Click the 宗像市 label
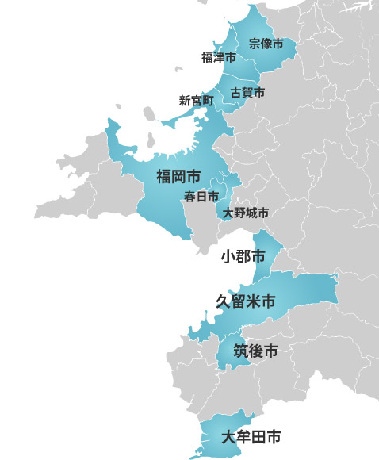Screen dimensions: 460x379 (x=266, y=44)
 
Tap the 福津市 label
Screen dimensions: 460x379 (x=219, y=57)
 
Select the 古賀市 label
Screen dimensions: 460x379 (x=247, y=93)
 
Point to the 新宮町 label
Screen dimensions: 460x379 (x=197, y=101)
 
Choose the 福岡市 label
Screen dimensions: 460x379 (x=178, y=175)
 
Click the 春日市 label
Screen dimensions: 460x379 (x=201, y=196)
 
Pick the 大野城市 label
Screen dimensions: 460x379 (x=246, y=213)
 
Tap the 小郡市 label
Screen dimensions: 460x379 (x=243, y=256)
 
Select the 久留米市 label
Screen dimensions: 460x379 (x=247, y=301)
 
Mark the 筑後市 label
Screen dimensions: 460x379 (x=255, y=351)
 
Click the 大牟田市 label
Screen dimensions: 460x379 (x=251, y=436)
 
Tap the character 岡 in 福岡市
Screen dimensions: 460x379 (x=178, y=175)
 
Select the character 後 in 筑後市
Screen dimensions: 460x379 (x=255, y=351)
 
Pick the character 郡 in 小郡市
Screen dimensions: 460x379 (x=243, y=256)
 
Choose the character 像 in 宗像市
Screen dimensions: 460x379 (x=266, y=44)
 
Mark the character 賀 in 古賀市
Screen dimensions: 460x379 (x=247, y=93)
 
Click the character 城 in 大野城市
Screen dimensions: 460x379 (x=251, y=213)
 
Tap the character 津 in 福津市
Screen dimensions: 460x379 (x=219, y=57)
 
